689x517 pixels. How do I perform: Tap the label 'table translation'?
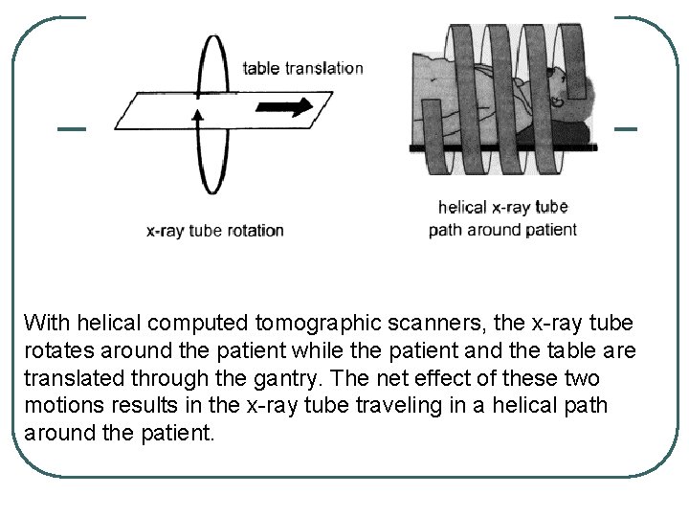pyautogui.click(x=302, y=68)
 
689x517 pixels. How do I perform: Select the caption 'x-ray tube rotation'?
pyautogui.click(x=215, y=230)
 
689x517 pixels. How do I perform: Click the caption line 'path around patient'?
pyautogui.click(x=502, y=230)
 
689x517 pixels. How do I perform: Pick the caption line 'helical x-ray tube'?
pyautogui.click(x=502, y=207)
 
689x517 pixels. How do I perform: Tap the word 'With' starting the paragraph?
pyautogui.click(x=44, y=322)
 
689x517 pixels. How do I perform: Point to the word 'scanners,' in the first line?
pyautogui.click(x=408, y=322)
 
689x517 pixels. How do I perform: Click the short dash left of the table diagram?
pyautogui.click(x=71, y=128)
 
